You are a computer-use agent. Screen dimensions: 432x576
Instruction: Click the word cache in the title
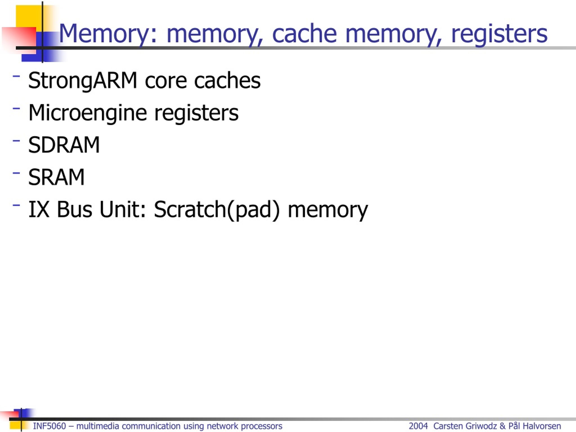coord(304,34)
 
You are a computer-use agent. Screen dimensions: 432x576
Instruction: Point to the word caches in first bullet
coord(227,81)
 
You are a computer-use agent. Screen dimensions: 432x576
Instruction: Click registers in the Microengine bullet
coord(196,113)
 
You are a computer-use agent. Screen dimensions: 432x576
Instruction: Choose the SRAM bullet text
coord(56,177)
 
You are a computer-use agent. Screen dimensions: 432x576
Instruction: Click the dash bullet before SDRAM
coord(16,141)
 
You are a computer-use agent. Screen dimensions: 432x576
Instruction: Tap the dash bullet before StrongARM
coord(16,76)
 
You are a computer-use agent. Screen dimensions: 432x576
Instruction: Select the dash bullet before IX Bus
coord(16,205)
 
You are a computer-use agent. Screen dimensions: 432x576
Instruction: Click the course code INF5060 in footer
coord(49,426)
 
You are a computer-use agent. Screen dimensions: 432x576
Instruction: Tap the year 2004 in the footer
coord(418,426)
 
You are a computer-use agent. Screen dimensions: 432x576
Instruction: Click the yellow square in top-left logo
coord(29,16)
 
